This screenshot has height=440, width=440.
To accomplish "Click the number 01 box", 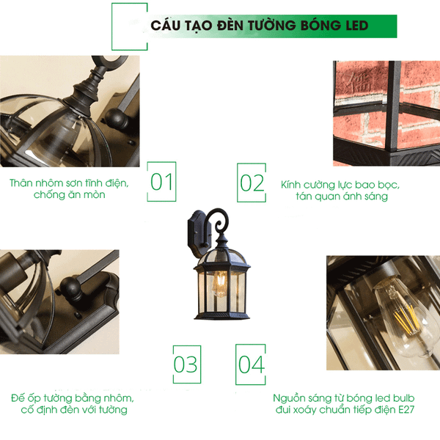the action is pos(161,182).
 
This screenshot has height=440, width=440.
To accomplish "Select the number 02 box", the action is pos(252,183).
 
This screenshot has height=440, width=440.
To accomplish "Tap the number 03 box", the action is pos(187,364).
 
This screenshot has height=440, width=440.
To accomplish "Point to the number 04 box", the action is pos(251,364).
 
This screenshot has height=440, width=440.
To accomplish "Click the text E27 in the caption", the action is pos(406,409).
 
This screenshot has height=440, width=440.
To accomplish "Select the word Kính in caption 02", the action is pos(290,185).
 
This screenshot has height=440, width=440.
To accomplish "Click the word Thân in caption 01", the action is pos(21,183).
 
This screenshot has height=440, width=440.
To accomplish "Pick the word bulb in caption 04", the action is pos(403,398).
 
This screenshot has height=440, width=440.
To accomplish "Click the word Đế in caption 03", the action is pos(18,397).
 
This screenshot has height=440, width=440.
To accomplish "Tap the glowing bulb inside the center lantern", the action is pos(220,284).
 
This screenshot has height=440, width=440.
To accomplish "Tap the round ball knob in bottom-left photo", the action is pos(70,288).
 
